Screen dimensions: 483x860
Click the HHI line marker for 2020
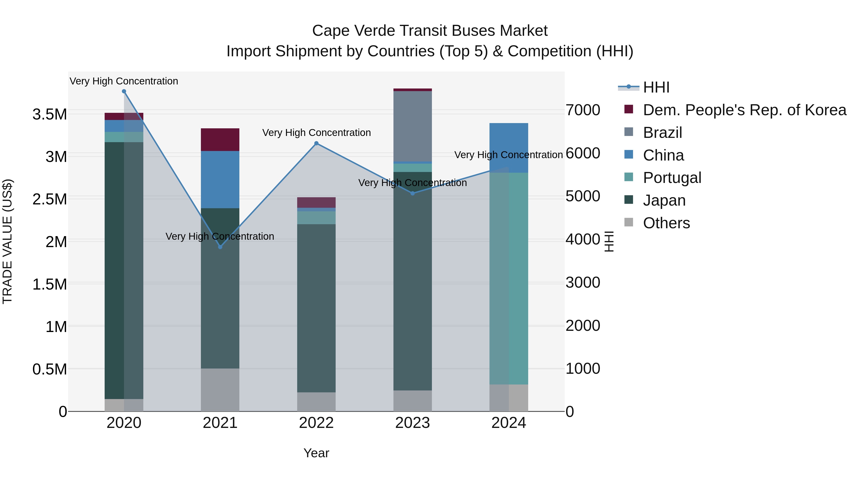[x=124, y=91]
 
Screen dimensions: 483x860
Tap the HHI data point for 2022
[x=317, y=144]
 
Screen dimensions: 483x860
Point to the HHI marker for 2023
[x=413, y=193]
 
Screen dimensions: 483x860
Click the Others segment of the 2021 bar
[x=220, y=390]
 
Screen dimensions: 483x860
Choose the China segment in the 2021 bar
[x=220, y=179]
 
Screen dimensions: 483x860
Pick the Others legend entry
[x=666, y=223]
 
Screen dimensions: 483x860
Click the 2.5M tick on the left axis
[x=50, y=199]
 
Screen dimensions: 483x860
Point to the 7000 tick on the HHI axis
[x=583, y=110]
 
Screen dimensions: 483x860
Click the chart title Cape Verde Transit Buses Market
[x=430, y=31]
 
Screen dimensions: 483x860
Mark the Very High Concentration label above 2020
[x=124, y=81]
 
